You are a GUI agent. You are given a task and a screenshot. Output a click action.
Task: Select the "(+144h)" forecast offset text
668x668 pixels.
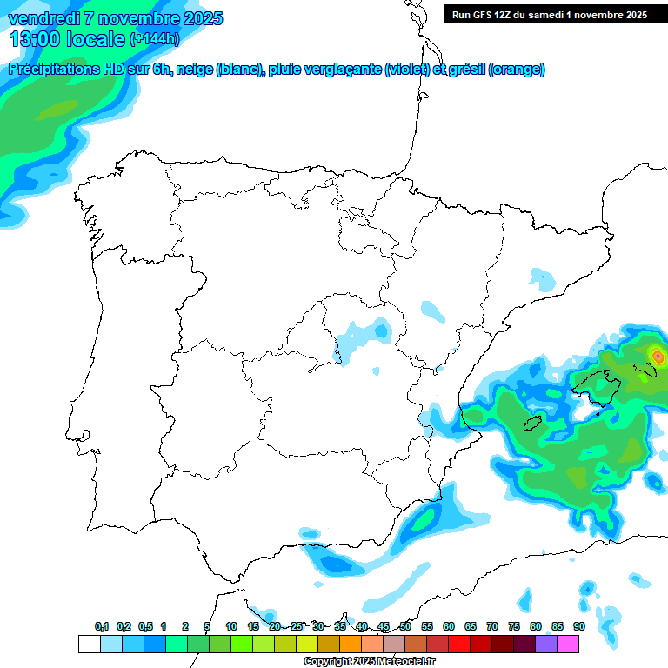154,39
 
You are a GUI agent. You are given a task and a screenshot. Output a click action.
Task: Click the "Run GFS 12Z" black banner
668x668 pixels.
549,15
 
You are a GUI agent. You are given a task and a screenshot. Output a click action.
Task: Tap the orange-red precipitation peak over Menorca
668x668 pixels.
658,356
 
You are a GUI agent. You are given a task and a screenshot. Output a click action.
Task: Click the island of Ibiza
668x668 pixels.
531,423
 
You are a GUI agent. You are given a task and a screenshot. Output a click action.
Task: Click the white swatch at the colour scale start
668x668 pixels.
89,645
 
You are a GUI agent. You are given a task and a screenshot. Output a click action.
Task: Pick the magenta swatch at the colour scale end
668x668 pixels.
568,645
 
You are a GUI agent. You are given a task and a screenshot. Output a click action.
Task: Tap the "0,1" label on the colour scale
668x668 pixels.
102,627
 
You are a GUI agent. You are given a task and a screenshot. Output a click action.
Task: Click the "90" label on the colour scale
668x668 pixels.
578,627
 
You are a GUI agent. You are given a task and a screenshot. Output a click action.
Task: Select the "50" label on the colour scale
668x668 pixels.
405,627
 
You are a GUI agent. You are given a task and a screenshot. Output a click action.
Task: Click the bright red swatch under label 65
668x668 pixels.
459,645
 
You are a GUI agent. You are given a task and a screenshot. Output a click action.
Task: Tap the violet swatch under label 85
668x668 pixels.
546,645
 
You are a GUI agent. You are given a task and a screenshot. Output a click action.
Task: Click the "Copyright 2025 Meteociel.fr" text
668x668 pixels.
369,661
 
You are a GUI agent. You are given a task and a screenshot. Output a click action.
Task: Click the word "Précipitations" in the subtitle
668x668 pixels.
53,70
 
